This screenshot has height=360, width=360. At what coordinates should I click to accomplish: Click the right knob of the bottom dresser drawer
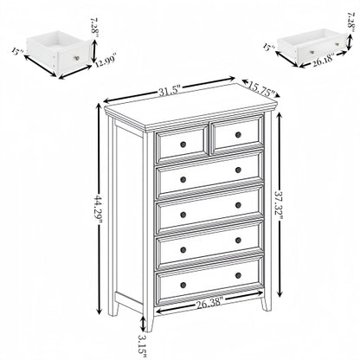238,276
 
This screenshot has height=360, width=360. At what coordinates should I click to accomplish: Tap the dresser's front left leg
158,311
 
